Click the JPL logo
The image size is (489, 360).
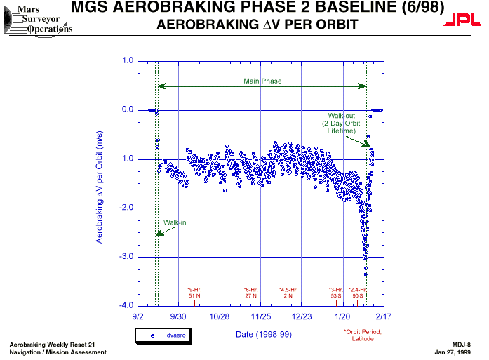pyautogui.click(x=462, y=22)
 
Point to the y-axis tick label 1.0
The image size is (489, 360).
pyautogui.click(x=127, y=61)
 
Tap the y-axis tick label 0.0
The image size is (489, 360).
pyautogui.click(x=127, y=110)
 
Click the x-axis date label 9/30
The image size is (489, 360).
pyautogui.click(x=179, y=317)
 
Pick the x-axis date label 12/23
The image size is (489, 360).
pyautogui.click(x=301, y=317)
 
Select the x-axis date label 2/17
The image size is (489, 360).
pyautogui.click(x=383, y=317)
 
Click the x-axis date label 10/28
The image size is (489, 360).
pyautogui.click(x=220, y=317)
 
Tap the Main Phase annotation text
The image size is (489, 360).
pyautogui.click(x=262, y=81)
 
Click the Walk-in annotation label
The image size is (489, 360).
pyautogui.click(x=175, y=222)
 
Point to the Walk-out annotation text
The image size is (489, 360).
pyautogui.click(x=341, y=124)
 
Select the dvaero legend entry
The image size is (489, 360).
pyautogui.click(x=168, y=336)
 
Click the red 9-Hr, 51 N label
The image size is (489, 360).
pyautogui.click(x=194, y=293)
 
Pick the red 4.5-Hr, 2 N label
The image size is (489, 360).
pyautogui.click(x=288, y=293)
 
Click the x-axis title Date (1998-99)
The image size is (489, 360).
pyautogui.click(x=263, y=334)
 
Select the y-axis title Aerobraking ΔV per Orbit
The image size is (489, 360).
pyautogui.click(x=100, y=187)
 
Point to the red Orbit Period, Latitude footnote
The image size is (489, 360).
pyautogui.click(x=362, y=335)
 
